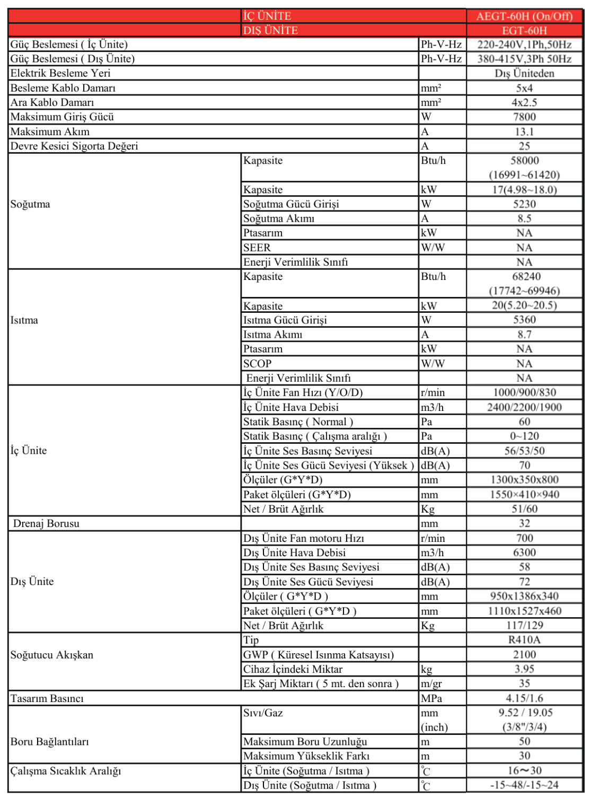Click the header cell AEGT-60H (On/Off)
tap(524, 16)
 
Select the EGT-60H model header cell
tap(524, 31)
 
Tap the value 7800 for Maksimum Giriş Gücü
tap(524, 117)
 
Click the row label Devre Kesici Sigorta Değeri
tap(74, 146)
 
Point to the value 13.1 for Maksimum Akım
tap(524, 131)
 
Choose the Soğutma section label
tap(30, 204)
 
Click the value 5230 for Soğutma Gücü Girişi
tap(524, 204)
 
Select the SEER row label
tap(257, 248)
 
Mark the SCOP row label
tap(258, 364)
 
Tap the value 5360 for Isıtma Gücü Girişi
tap(524, 320)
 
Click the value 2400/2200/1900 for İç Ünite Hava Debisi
tap(524, 407)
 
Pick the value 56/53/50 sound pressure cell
tap(524, 451)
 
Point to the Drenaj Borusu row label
tap(46, 523)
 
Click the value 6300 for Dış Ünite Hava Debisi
tap(524, 553)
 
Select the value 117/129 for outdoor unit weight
tap(524, 626)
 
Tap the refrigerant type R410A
tap(524, 640)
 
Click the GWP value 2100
tap(524, 655)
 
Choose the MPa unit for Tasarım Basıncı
tap(431, 698)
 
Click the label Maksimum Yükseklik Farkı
tap(306, 756)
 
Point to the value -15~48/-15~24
tap(524, 785)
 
